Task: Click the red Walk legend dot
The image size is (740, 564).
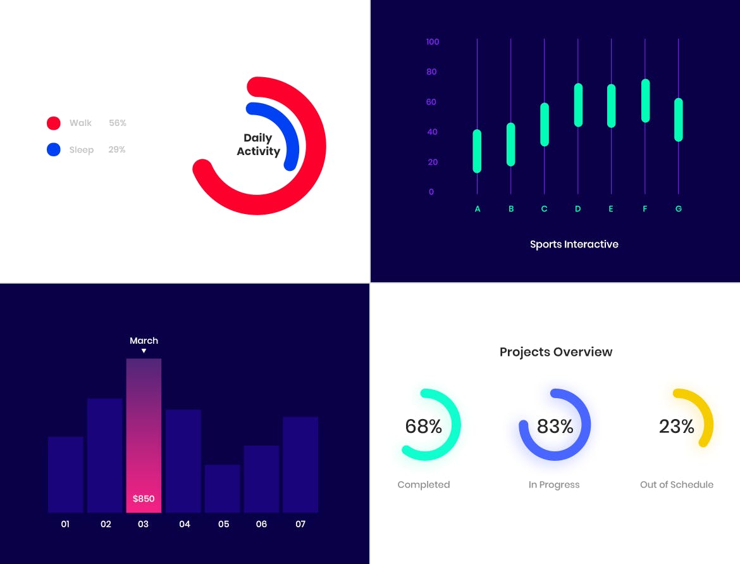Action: [x=54, y=123]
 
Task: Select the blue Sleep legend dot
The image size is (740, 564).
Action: [x=54, y=149]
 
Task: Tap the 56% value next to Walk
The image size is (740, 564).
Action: [x=118, y=123]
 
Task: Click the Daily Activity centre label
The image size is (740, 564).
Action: [x=258, y=144]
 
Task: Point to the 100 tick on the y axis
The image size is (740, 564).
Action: [x=433, y=42]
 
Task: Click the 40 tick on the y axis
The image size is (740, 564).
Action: [x=432, y=132]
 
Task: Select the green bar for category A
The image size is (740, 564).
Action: [x=477, y=151]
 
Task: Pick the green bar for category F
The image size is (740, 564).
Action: [x=645, y=101]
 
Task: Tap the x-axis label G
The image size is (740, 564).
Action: [x=678, y=209]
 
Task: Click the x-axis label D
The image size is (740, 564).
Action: [x=577, y=209]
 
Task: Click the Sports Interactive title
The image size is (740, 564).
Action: [x=574, y=244]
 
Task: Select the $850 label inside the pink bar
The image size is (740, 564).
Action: [x=144, y=499]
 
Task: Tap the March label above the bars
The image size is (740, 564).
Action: [x=144, y=341]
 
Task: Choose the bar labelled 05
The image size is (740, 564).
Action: [x=222, y=488]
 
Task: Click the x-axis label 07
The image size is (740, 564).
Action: [x=300, y=524]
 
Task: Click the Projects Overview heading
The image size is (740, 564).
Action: [x=556, y=352]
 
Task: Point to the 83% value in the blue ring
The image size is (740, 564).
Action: [x=555, y=427]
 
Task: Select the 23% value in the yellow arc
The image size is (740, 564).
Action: [x=676, y=427]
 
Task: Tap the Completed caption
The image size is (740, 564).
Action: [x=424, y=485]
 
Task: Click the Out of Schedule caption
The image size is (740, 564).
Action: [x=676, y=485]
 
